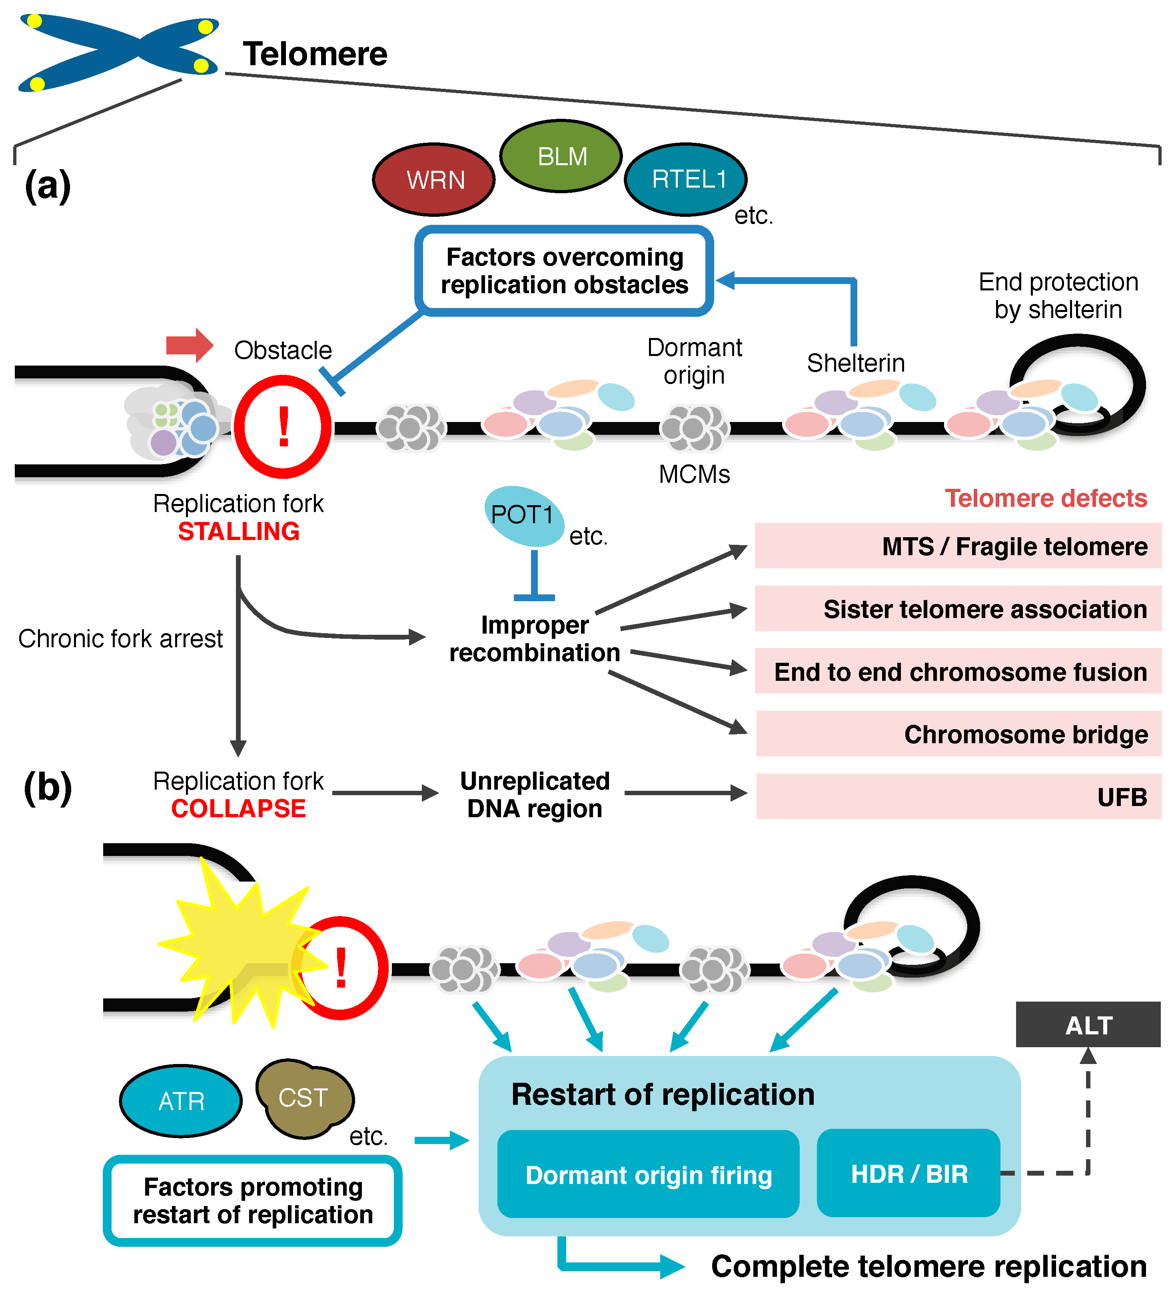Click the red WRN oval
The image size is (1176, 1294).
[434, 180]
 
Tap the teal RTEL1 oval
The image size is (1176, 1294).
[686, 179]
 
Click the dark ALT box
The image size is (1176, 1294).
[1088, 1025]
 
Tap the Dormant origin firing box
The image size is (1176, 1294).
[648, 1175]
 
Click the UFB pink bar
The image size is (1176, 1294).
[958, 796]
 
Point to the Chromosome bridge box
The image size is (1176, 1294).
[958, 734]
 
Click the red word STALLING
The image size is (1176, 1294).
[239, 532]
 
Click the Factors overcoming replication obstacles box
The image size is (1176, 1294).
[564, 271]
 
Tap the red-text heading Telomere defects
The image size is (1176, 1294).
[1046, 498]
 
